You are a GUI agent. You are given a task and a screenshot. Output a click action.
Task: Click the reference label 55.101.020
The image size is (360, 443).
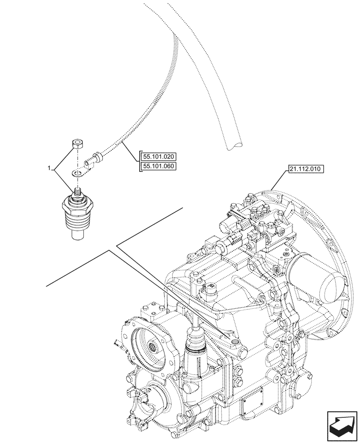158,156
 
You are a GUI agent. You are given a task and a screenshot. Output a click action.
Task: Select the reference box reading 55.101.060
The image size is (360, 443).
158,167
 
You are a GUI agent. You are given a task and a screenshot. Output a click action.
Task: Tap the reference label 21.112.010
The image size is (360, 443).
306,169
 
